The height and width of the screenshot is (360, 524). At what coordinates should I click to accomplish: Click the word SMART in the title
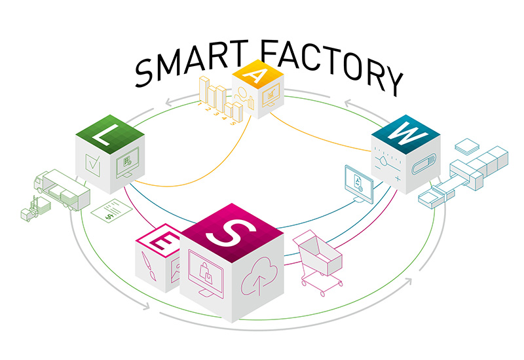(191, 62)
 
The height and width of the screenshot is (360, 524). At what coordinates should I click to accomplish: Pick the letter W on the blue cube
(407, 133)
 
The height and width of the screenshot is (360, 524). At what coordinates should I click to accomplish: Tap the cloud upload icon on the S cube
(259, 276)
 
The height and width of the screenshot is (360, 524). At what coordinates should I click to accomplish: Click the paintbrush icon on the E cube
(149, 266)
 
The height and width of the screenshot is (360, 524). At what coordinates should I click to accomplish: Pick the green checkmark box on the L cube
(92, 165)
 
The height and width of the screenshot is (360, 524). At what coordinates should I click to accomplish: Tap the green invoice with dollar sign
(111, 209)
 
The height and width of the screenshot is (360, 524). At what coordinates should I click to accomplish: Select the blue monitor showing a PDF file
(359, 184)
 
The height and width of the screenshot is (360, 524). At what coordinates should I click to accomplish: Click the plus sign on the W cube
(398, 179)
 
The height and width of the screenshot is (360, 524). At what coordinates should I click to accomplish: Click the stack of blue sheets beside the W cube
(467, 146)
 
